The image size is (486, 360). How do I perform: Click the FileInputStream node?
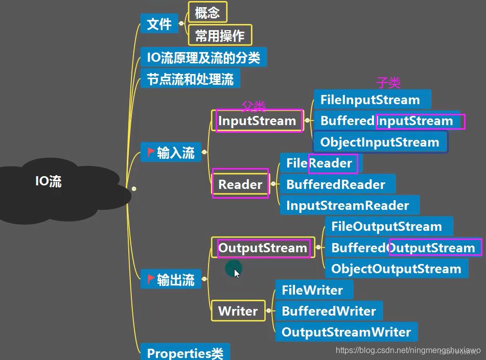point(370,100)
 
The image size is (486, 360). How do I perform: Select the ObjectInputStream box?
point(380,142)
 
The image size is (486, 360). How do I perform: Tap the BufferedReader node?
point(336,184)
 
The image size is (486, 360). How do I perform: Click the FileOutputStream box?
point(386,226)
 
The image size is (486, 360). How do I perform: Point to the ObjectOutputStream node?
point(396,269)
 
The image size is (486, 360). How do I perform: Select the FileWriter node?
point(312,290)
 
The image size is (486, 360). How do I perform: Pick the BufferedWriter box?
point(329,311)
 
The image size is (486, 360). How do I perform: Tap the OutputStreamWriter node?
point(346,332)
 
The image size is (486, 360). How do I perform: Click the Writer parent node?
point(238,311)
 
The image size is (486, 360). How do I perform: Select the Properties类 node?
point(185,353)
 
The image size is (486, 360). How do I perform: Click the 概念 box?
point(207,13)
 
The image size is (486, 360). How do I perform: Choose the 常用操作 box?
point(220,35)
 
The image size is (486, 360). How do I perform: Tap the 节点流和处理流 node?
point(190,79)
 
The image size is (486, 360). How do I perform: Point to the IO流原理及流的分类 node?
point(203,57)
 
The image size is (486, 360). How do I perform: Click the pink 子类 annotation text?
point(388,83)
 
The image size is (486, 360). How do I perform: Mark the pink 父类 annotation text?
point(254,106)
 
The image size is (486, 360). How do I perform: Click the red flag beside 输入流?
point(151,152)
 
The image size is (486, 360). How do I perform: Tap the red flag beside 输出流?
point(151,279)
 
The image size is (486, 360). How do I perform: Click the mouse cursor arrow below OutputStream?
point(236,273)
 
